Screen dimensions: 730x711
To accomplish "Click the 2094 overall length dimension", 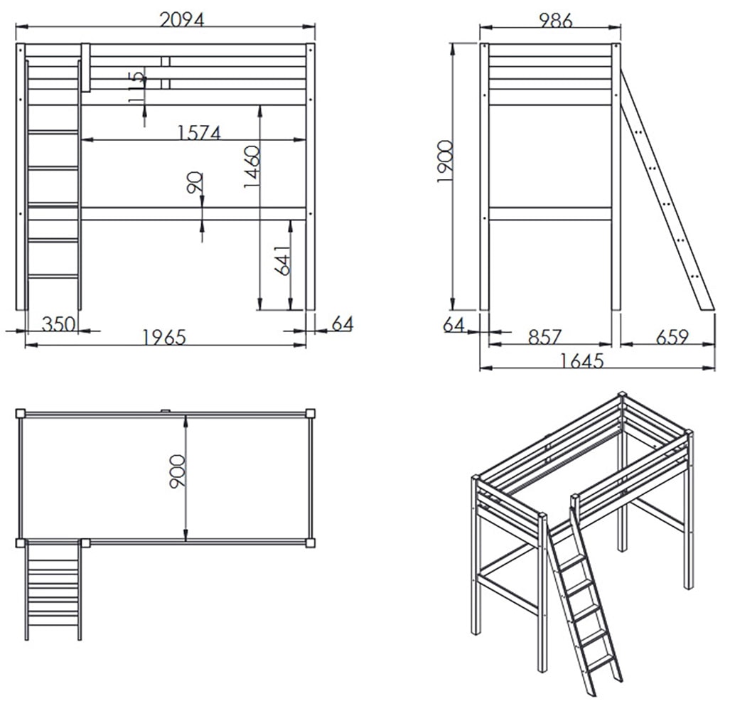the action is (x=182, y=20).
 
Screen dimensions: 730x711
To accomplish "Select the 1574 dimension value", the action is (x=199, y=133).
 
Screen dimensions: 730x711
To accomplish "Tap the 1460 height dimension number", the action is (x=251, y=166).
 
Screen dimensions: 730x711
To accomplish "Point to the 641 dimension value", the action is (x=282, y=260).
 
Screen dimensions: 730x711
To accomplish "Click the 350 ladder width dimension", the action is (x=59, y=324).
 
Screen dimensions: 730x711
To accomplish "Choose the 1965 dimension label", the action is (x=164, y=337).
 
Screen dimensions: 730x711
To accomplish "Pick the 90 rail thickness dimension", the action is (x=195, y=183).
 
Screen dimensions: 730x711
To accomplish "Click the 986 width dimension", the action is (x=555, y=20).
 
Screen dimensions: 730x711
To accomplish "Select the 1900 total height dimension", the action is (x=445, y=161).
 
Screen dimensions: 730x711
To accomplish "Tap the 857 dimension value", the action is (x=545, y=336).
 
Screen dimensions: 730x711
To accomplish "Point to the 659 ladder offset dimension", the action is (x=672, y=336).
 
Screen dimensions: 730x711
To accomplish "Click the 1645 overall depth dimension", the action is (x=582, y=361).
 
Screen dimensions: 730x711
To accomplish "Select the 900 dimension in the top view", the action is (x=178, y=471).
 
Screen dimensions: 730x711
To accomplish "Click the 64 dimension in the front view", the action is (x=343, y=324).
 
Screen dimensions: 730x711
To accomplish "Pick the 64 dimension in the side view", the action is (x=454, y=324).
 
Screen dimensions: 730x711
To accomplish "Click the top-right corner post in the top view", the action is (x=310, y=414).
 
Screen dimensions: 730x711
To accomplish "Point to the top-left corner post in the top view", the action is (x=21, y=414).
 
